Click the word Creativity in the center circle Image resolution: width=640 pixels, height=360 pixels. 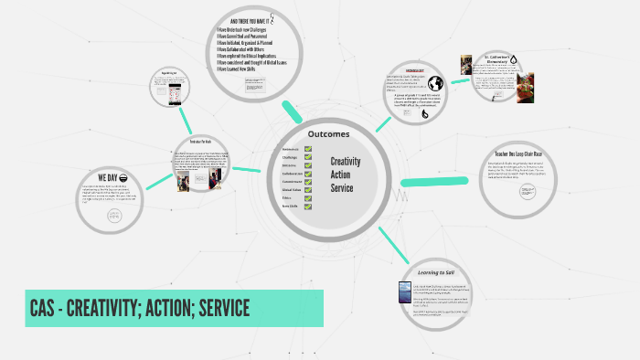[x=346, y=162]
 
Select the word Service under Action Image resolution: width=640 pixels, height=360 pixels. [x=341, y=188]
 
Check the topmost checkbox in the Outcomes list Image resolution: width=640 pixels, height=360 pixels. [x=308, y=148]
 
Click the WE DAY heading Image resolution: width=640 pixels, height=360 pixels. [x=107, y=177]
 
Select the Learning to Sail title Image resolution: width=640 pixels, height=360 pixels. [x=437, y=272]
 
